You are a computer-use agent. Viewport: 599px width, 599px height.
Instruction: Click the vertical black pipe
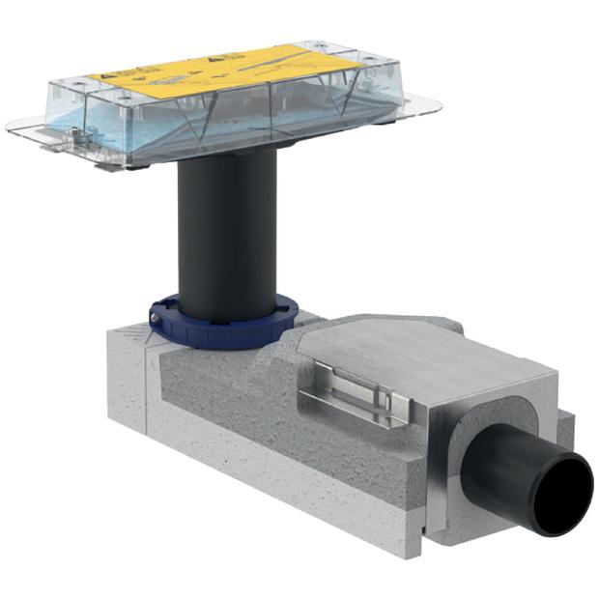pos(228,242)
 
